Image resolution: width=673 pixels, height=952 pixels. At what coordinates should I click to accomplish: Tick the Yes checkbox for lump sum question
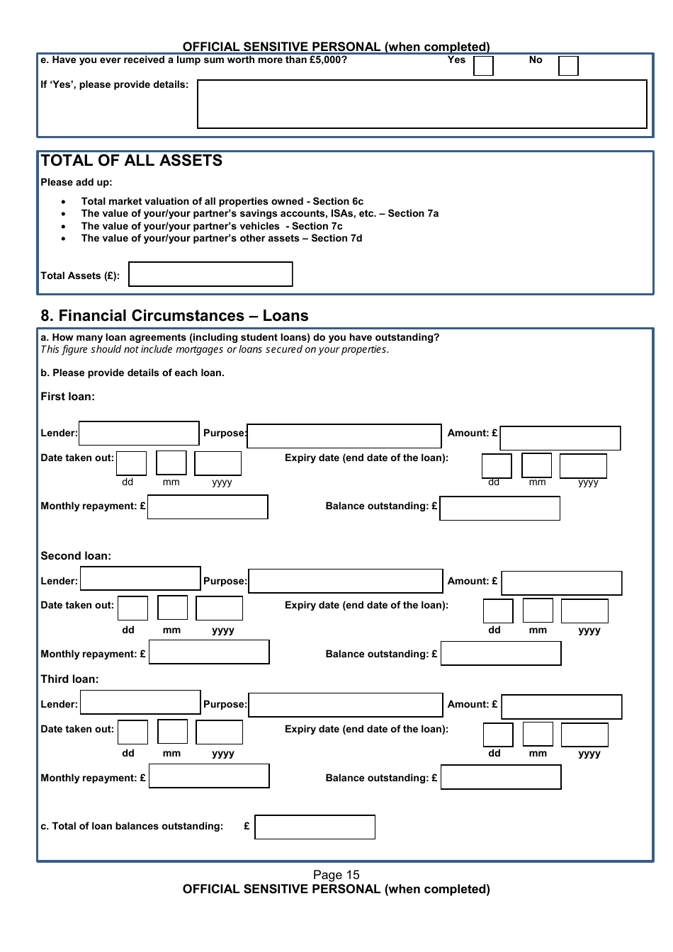coord(483,66)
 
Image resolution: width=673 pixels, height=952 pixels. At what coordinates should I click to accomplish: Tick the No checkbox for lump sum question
coord(568,66)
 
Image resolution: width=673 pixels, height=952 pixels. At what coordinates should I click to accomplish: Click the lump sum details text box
coord(422,104)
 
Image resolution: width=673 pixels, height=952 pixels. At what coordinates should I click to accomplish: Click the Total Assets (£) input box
coord(210,274)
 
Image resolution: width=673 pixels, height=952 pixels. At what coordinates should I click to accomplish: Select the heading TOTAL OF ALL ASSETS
coord(132,161)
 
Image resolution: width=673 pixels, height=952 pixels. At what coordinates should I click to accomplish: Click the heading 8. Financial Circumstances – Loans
coord(174,316)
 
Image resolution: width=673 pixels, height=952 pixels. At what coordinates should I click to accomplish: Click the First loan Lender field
coord(139,433)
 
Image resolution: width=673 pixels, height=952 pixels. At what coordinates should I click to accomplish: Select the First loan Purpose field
coord(344,436)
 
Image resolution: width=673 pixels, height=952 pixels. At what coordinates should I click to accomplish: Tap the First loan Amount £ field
coord(560,438)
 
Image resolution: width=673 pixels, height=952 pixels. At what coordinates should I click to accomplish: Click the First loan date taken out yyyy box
coord(218,463)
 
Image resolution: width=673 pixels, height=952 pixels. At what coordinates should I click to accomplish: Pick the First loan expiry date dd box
coord(497,466)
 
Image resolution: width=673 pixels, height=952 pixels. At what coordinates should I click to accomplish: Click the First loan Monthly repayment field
coord(208,507)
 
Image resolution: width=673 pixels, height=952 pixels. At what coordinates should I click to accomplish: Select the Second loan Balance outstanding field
coord(501,653)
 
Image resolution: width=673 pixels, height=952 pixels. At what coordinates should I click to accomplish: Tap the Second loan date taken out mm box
coord(172,608)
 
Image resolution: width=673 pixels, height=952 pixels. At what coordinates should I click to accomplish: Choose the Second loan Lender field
coord(140,579)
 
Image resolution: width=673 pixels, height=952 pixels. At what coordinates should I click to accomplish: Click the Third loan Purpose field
coord(346,705)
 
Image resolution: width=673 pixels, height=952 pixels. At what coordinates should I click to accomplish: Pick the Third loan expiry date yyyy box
coord(584,735)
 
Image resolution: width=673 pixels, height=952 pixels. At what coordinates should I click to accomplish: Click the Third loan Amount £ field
coord(562,707)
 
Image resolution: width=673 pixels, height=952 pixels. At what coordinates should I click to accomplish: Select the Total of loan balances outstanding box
coord(315,827)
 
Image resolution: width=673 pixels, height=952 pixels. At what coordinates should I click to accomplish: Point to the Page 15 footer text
coord(336,875)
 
